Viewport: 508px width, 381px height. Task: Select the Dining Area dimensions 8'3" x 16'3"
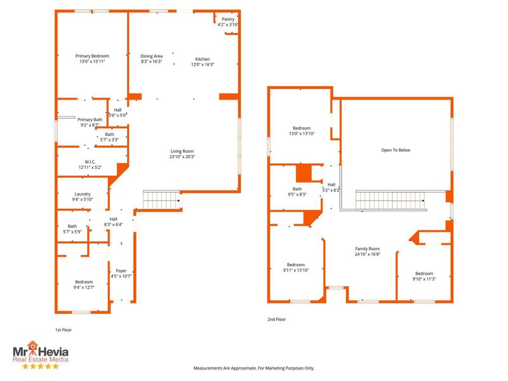(151, 62)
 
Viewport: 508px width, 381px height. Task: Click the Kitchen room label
(202, 59)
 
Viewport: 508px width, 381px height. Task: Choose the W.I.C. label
(90, 162)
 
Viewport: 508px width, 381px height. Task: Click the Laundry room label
(83, 194)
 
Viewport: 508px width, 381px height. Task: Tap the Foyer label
(121, 271)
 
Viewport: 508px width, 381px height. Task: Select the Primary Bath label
(90, 119)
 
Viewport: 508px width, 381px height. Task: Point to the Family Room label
(367, 248)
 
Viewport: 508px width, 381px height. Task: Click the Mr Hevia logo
(41, 356)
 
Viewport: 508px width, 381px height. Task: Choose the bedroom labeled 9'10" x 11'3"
(424, 274)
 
